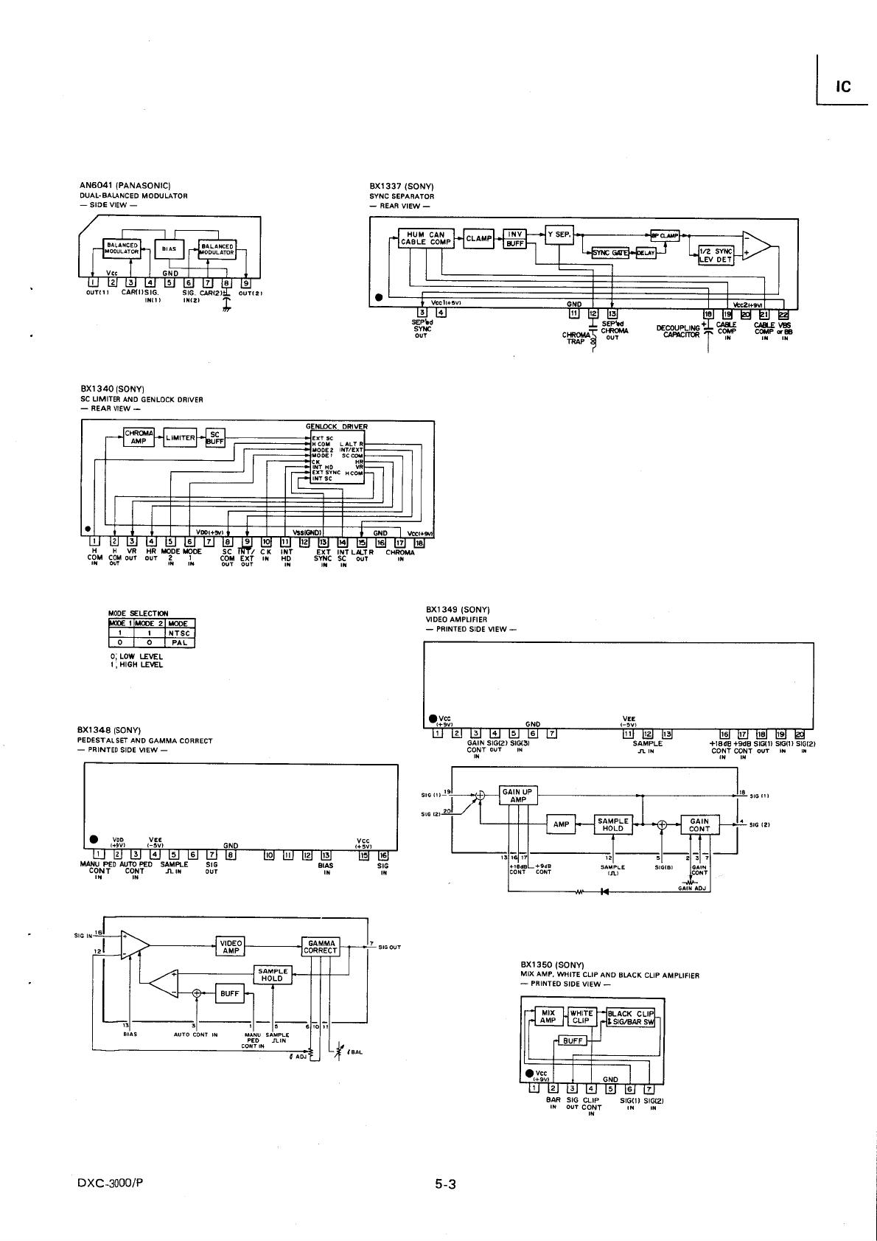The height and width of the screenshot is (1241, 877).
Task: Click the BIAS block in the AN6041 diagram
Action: (x=170, y=249)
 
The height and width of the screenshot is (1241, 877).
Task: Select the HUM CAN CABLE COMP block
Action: (x=426, y=238)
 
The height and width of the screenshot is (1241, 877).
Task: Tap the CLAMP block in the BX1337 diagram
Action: (x=479, y=238)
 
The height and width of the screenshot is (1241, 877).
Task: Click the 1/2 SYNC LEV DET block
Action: (x=716, y=255)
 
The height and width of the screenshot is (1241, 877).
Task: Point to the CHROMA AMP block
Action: (x=139, y=437)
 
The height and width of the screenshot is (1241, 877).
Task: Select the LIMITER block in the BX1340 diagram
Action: (x=181, y=437)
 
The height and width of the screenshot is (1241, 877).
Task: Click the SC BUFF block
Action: (x=215, y=437)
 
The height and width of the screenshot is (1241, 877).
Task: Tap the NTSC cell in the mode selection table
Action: (x=179, y=633)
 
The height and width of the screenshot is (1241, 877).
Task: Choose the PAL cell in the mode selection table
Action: (x=179, y=642)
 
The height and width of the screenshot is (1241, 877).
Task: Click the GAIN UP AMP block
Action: (x=518, y=796)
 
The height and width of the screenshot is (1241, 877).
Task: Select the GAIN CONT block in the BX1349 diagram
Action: (x=699, y=824)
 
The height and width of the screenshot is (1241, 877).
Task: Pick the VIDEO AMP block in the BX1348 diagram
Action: (x=231, y=946)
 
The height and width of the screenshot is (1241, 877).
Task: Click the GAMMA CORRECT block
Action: (x=321, y=946)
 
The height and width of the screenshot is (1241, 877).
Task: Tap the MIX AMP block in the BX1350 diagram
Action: (x=548, y=1017)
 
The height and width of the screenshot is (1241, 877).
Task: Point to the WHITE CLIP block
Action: (x=581, y=1017)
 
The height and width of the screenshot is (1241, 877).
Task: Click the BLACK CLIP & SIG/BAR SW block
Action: (x=631, y=1017)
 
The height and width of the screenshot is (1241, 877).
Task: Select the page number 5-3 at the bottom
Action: (x=446, y=1186)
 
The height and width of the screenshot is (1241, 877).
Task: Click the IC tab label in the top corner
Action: (x=843, y=86)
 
